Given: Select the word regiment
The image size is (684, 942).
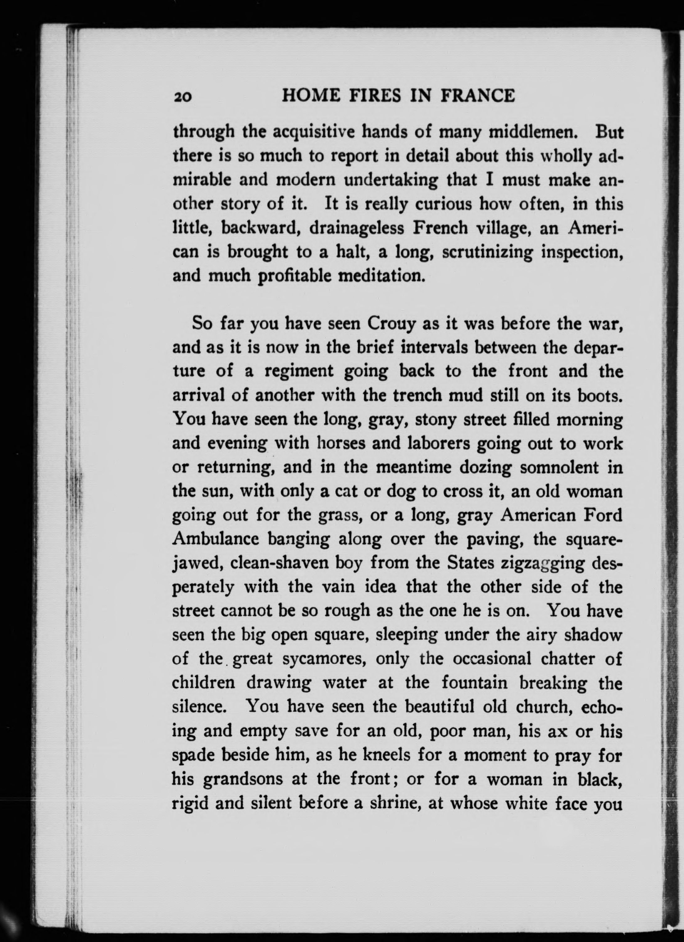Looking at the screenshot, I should [x=299, y=371].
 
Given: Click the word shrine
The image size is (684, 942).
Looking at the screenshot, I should [x=389, y=804].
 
